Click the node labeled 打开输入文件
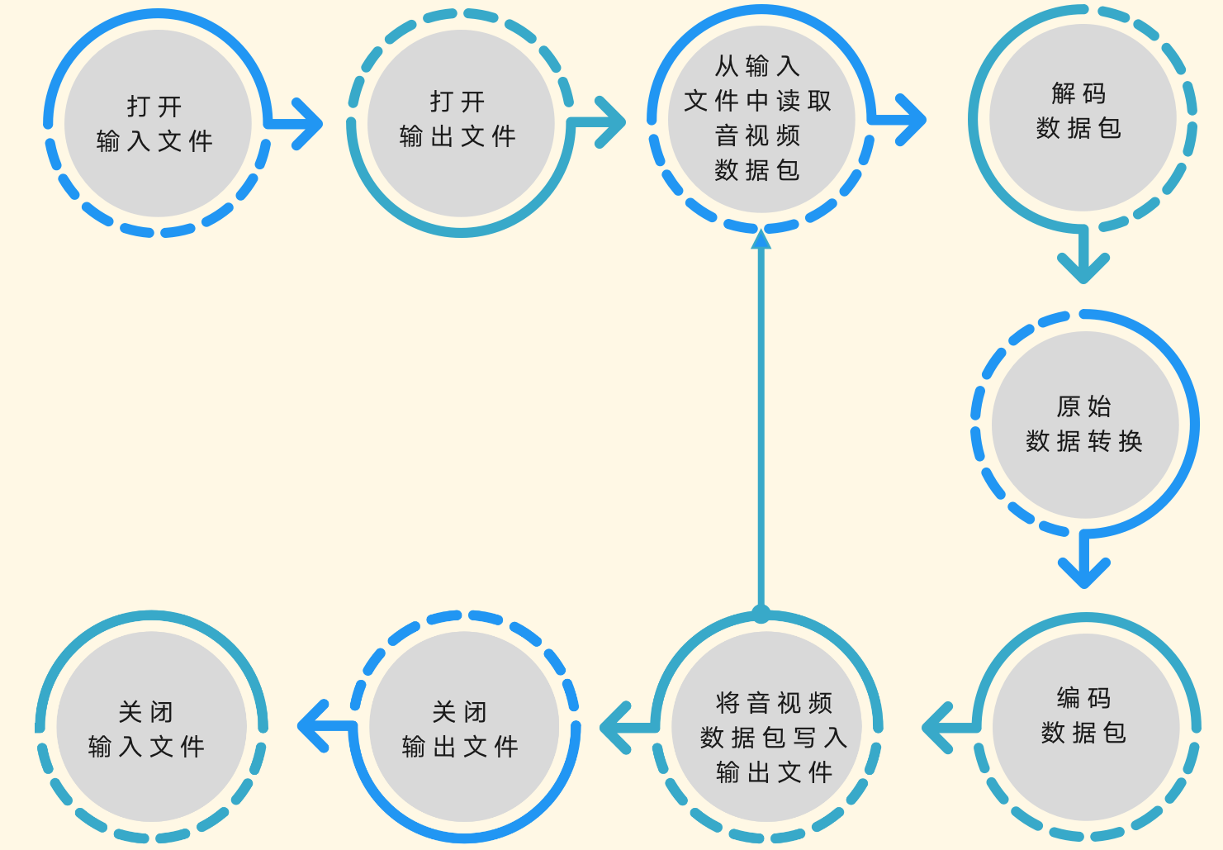point(157,124)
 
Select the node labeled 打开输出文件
point(460,121)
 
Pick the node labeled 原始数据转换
point(1084,425)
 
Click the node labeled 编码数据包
point(1084,716)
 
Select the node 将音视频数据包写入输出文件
point(773,738)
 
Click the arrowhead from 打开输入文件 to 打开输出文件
point(309,124)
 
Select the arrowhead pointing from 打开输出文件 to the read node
point(613,122)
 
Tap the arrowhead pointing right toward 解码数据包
point(913,121)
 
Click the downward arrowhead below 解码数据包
point(1083,271)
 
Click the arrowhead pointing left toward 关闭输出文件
point(614,728)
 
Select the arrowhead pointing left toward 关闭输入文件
point(310,727)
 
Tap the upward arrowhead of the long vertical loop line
point(761,239)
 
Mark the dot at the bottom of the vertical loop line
point(761,614)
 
